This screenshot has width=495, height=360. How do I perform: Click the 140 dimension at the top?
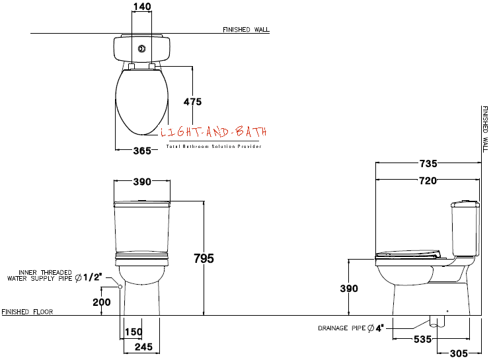click(x=142, y=7)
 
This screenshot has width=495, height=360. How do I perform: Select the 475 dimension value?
click(x=192, y=102)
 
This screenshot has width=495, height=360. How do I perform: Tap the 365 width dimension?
click(x=142, y=151)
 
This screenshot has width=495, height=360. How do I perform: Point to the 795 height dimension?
click(x=204, y=258)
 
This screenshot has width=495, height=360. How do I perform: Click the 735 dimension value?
click(x=428, y=163)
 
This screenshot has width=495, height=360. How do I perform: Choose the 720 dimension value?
click(x=428, y=180)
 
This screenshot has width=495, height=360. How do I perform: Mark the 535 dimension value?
click(x=423, y=339)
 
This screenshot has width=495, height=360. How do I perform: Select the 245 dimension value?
click(x=143, y=347)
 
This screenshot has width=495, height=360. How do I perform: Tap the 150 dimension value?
click(x=133, y=332)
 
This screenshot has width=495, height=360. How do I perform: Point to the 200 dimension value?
click(x=102, y=302)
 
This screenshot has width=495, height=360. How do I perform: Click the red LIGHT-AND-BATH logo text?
click(x=213, y=132)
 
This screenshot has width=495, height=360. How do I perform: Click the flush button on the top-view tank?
click(x=141, y=49)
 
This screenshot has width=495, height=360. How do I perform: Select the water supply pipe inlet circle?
click(x=120, y=287)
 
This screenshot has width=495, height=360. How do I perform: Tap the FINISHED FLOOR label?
click(x=27, y=312)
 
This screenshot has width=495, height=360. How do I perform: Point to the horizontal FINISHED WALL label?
click(x=247, y=30)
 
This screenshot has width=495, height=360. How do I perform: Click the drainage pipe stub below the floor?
click(x=438, y=321)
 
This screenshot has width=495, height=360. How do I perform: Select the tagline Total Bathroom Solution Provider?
click(x=214, y=147)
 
